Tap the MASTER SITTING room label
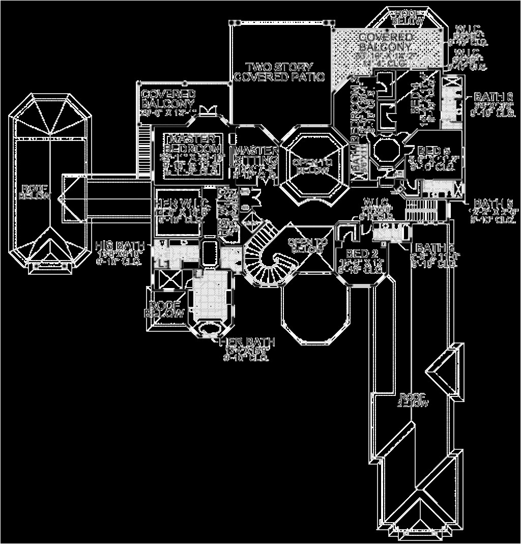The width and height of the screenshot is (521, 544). (x=255, y=155)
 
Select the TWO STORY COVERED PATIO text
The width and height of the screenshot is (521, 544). (x=279, y=72)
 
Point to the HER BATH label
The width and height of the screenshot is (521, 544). (x=247, y=342)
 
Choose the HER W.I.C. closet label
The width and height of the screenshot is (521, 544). (x=180, y=202)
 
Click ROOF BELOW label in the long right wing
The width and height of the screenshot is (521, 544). (x=413, y=399)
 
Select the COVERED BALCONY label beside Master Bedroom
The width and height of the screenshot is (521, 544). (x=168, y=98)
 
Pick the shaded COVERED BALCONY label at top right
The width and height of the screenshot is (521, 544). (x=385, y=42)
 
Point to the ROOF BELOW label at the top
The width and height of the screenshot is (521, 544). (x=408, y=17)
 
